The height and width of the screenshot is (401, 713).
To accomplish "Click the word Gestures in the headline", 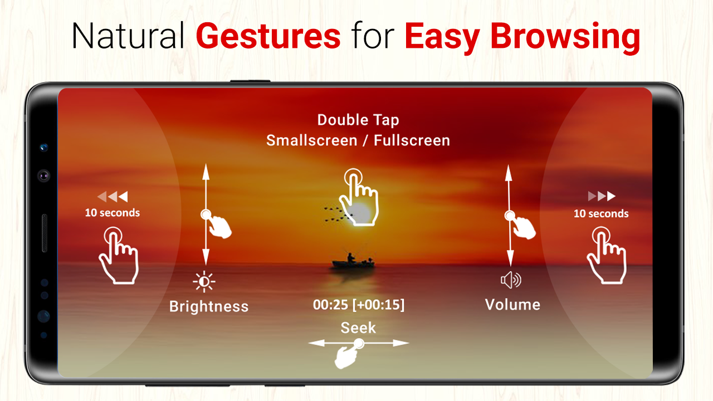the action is click(x=268, y=36).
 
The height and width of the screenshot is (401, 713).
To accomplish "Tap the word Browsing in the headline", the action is click(x=565, y=38).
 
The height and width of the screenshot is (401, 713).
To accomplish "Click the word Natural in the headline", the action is click(x=128, y=36).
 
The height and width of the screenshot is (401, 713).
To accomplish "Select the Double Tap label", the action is click(x=358, y=120).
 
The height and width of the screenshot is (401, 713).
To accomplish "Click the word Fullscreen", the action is click(x=412, y=140).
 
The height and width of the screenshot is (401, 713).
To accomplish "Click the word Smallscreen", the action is click(x=311, y=140).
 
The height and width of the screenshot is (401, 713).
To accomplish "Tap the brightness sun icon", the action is click(x=204, y=282).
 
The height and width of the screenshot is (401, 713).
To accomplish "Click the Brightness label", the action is click(x=209, y=306).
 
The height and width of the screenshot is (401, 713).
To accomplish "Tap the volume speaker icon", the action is click(x=511, y=280).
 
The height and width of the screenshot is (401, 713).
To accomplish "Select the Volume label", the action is click(x=512, y=305).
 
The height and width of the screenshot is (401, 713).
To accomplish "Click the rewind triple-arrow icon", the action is click(x=113, y=197).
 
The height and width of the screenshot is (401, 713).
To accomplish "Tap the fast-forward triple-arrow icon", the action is click(x=602, y=196).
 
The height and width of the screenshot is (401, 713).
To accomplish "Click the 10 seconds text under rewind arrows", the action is click(x=113, y=213).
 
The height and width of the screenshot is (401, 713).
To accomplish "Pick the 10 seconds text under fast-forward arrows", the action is click(x=601, y=213).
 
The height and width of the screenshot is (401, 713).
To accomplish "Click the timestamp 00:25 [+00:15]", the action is click(x=359, y=305).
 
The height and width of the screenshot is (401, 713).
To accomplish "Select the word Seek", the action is click(x=358, y=328).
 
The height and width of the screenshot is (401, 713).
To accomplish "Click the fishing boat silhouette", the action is click(x=353, y=262).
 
